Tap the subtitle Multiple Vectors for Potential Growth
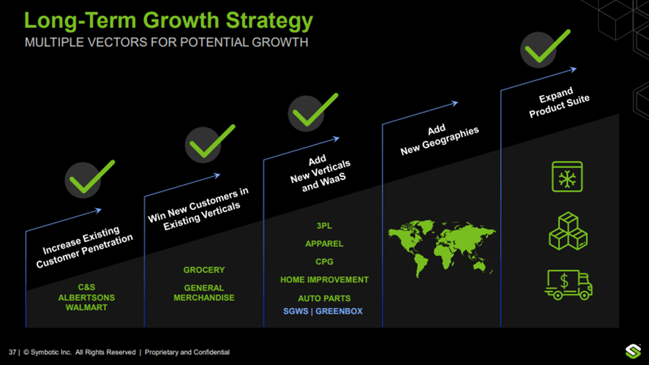click(x=166, y=42)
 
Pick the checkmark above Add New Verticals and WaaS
click(x=314, y=111)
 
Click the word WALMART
click(x=86, y=308)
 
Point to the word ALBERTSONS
click(x=86, y=298)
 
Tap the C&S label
click(x=86, y=287)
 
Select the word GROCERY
click(x=204, y=270)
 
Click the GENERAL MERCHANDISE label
click(x=204, y=293)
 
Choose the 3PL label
click(x=324, y=226)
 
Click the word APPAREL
click(x=324, y=244)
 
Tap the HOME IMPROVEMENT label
click(x=324, y=279)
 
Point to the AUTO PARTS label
click(x=324, y=298)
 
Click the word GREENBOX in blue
click(x=339, y=312)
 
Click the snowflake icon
click(x=567, y=177)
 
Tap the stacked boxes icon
click(x=568, y=231)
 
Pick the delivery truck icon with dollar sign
click(x=568, y=284)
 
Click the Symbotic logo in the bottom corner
click(x=633, y=351)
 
